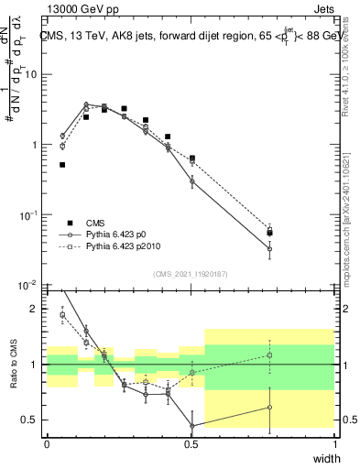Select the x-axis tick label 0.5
191,443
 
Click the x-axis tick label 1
334,443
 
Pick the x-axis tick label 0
47,443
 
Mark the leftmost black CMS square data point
62,165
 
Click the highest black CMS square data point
124,108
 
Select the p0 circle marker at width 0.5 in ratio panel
191,425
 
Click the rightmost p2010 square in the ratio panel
269,355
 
